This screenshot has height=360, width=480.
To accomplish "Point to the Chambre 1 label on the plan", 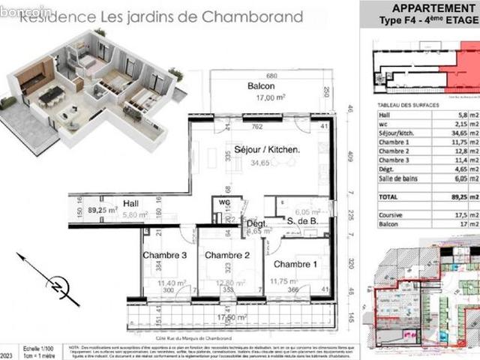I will (x=295, y=265).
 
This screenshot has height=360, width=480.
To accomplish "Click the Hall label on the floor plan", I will (x=132, y=202).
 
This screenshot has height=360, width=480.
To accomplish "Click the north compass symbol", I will (x=55, y=283).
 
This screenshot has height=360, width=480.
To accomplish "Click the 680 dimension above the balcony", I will (x=271, y=76).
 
